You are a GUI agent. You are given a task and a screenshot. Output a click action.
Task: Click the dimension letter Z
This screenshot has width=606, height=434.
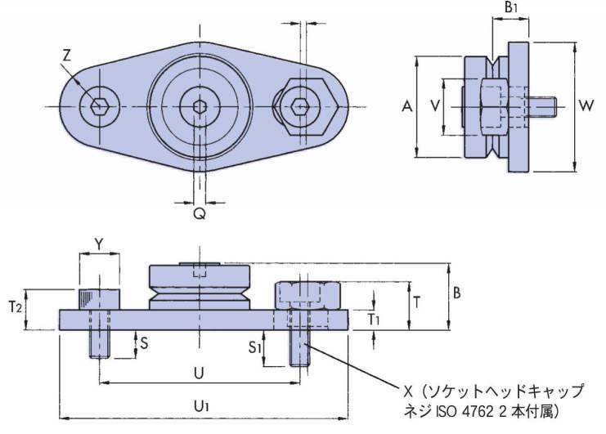click(x=68, y=55)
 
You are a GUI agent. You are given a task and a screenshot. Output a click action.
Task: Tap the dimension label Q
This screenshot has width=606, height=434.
click(x=199, y=213)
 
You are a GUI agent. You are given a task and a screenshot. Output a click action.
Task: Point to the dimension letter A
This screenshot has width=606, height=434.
click(x=406, y=106)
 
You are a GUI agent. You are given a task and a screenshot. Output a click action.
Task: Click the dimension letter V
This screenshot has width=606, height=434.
click(x=434, y=106)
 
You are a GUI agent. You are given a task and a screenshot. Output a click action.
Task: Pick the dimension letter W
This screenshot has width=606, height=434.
click(x=586, y=106)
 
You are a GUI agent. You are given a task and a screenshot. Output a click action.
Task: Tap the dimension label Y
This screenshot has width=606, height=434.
click(x=98, y=244)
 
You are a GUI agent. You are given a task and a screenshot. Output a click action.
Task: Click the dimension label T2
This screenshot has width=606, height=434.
click(x=13, y=307)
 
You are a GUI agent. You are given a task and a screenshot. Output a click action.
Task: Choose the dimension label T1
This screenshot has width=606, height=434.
click(x=373, y=317)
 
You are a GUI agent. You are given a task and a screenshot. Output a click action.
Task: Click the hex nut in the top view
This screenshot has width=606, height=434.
click(x=300, y=106)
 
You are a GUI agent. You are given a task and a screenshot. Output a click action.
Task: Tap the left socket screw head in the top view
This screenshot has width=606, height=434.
click(x=100, y=106)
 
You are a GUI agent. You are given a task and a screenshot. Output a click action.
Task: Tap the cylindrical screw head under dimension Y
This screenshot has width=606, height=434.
click(x=99, y=299)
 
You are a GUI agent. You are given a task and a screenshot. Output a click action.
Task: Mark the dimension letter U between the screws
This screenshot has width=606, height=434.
click(x=199, y=372)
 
